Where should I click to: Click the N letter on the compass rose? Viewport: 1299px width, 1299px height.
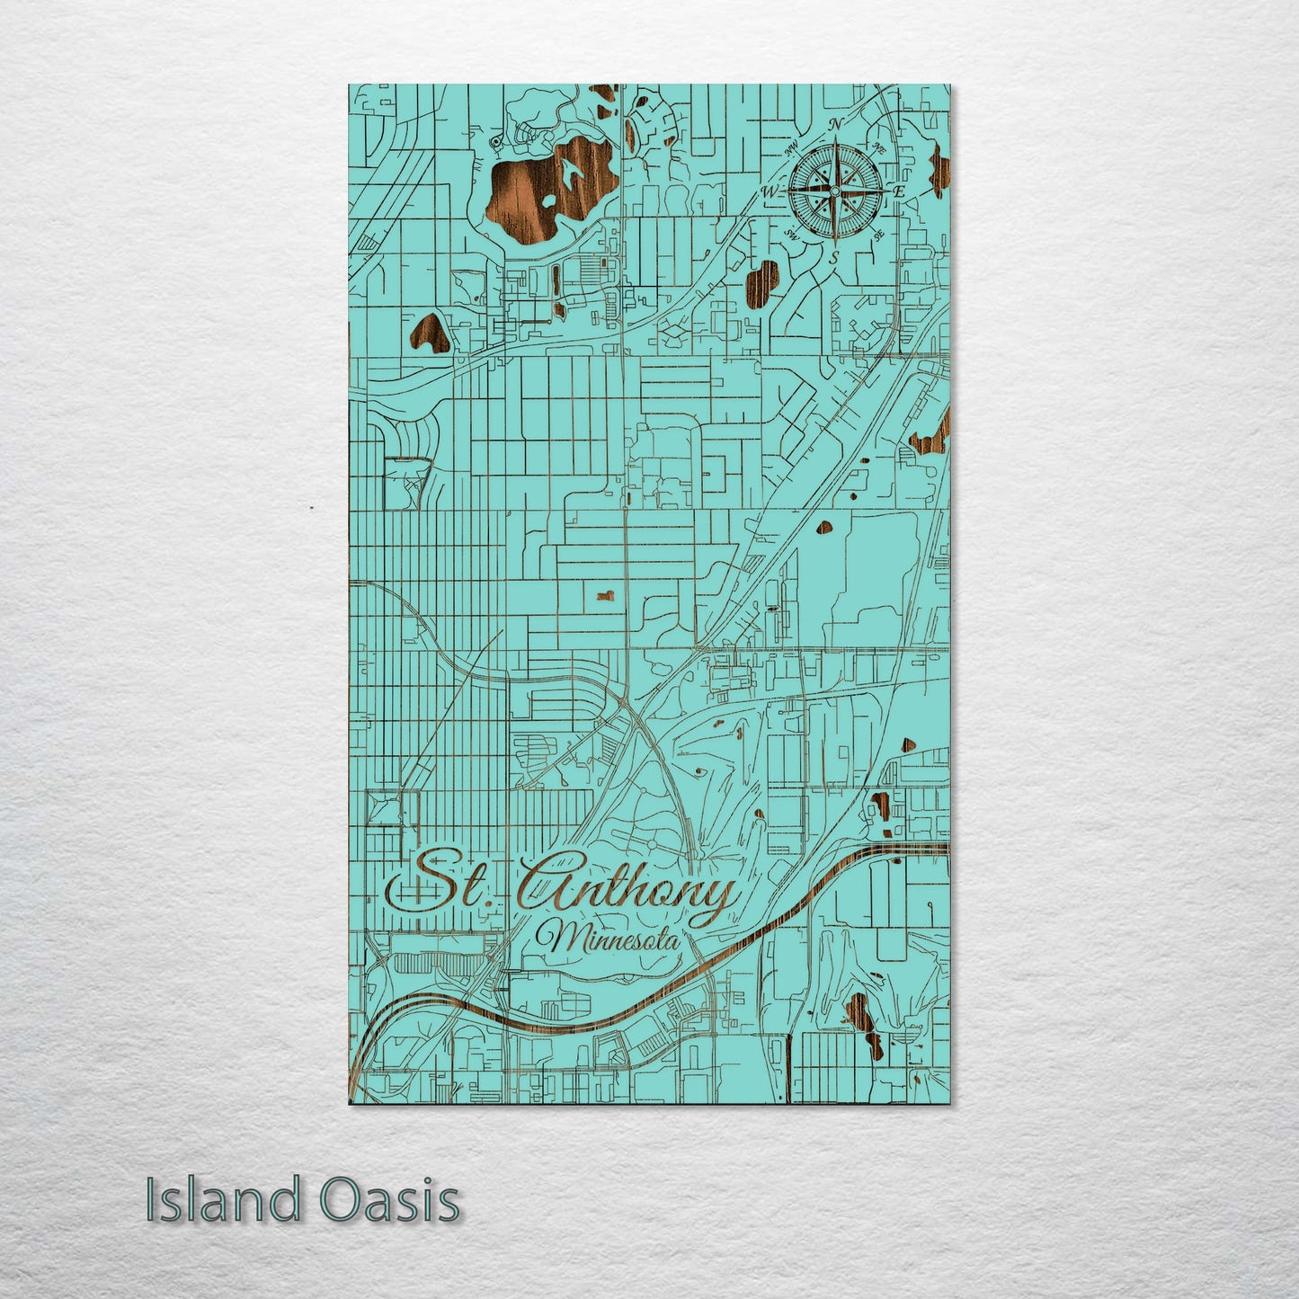pyautogui.click(x=835, y=123)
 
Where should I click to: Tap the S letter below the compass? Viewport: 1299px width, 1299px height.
pyautogui.click(x=835, y=257)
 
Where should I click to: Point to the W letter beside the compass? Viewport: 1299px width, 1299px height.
pyautogui.click(x=770, y=191)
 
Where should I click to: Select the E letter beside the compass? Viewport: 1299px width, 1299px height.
pyautogui.click(x=900, y=191)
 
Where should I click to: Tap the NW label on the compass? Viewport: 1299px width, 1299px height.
pyautogui.click(x=792, y=148)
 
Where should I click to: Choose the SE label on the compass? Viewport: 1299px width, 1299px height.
pyautogui.click(x=878, y=235)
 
